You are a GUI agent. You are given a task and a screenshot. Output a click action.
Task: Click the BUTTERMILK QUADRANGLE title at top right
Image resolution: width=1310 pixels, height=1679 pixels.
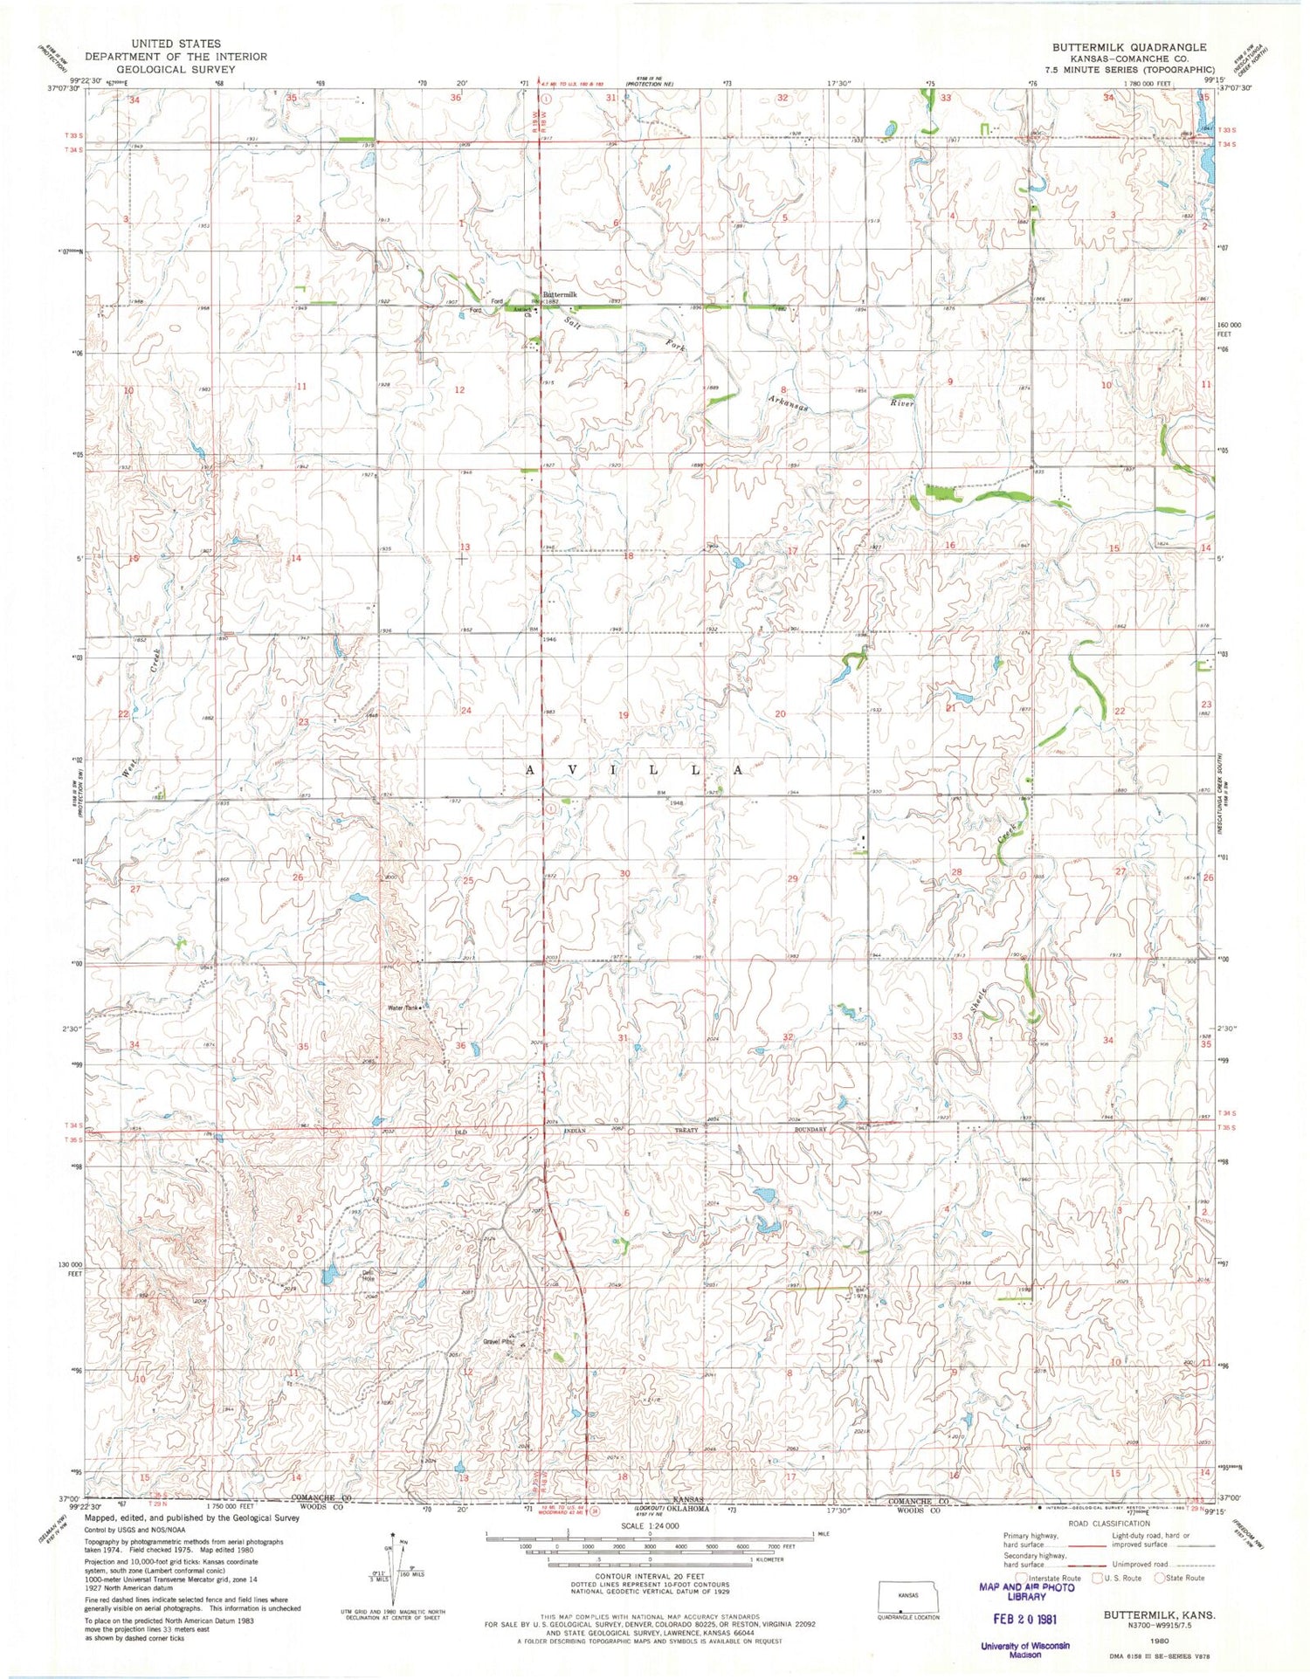[1129, 47]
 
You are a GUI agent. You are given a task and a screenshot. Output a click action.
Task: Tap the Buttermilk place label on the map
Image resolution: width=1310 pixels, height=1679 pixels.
[560, 295]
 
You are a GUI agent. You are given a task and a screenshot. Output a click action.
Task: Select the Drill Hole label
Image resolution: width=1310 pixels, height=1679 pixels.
[369, 1275]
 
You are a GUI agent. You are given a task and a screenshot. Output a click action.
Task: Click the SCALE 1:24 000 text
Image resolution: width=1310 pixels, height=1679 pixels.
[650, 1525]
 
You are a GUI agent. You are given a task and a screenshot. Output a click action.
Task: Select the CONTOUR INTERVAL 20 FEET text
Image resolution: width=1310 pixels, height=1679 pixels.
[650, 1578]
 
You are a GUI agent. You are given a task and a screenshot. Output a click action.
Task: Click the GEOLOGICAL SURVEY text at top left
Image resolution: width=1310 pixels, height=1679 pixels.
[176, 69]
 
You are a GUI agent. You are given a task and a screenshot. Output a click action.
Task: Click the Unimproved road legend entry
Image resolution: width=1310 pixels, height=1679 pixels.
[1145, 1564]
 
